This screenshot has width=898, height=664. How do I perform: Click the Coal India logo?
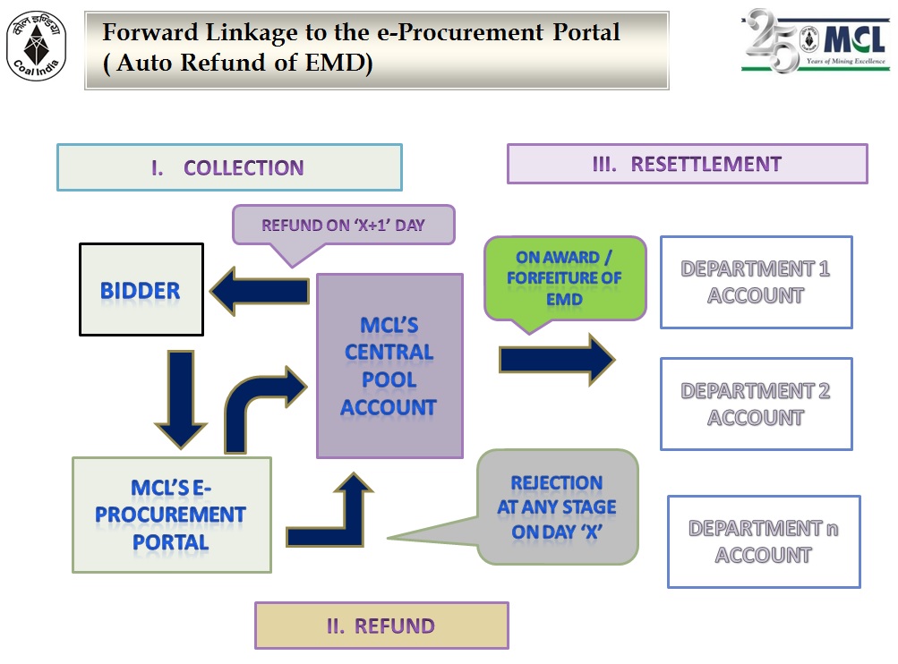click(x=37, y=46)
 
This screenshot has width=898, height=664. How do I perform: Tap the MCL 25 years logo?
click(x=816, y=41)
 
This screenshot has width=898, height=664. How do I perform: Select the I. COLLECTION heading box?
click(x=229, y=167)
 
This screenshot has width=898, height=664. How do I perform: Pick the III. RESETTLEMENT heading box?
click(x=687, y=164)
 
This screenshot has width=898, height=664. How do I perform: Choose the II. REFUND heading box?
click(x=381, y=626)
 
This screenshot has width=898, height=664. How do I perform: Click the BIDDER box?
click(x=141, y=290)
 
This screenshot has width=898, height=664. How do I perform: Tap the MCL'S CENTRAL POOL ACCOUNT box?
click(x=389, y=366)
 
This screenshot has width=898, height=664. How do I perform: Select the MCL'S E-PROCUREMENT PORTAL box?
click(x=171, y=515)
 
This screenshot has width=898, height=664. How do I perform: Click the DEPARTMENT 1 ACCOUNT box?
click(x=756, y=282)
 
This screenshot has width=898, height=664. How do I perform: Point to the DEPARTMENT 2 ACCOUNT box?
click(x=756, y=404)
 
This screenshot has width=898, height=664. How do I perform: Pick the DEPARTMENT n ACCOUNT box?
click(x=764, y=541)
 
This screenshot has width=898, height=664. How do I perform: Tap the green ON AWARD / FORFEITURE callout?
click(x=564, y=277)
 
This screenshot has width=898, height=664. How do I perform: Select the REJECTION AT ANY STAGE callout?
click(x=557, y=507)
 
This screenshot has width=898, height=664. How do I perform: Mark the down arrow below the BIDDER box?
click(x=181, y=397)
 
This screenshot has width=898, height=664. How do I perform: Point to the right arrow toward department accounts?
click(x=557, y=359)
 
